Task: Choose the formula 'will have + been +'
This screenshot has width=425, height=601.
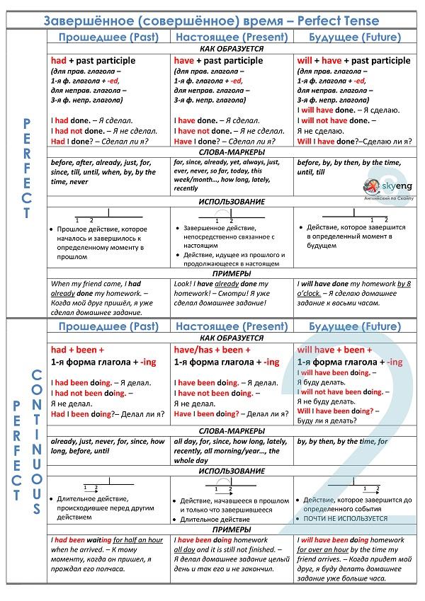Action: point(334,350)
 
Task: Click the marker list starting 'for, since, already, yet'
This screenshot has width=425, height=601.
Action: point(227,175)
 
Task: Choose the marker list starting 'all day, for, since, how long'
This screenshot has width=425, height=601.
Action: point(227,451)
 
